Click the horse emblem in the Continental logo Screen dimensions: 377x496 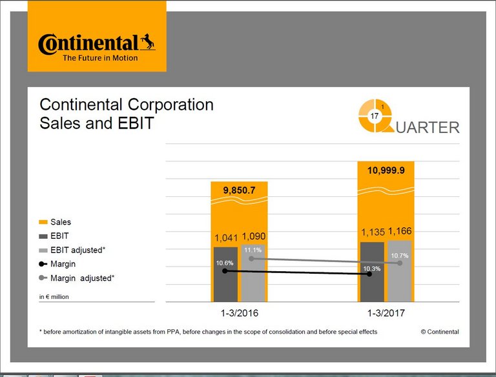148,43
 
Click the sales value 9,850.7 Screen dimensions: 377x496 239,191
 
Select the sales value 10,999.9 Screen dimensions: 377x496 386,170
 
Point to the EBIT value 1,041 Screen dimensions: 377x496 225,238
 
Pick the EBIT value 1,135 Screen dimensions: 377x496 372,232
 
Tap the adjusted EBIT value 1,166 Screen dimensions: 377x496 400,231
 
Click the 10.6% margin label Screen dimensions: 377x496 225,263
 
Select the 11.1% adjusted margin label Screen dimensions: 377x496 253,250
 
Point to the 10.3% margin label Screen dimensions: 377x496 371,268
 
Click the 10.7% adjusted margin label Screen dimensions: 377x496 400,256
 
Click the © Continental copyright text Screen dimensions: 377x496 440,332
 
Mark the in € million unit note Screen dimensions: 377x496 54,297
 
